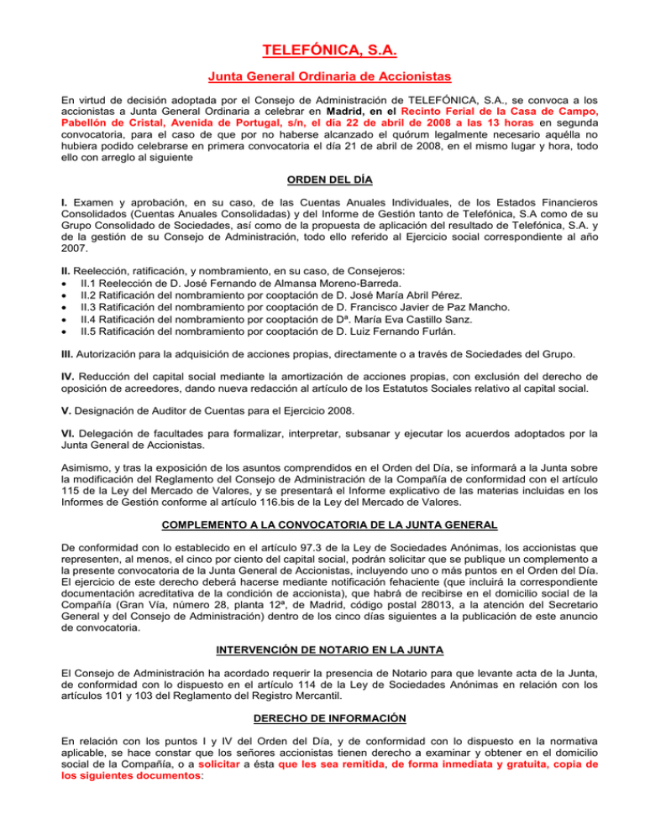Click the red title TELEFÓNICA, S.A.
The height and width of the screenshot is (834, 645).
[322, 55]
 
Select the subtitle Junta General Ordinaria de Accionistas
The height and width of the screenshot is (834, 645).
[322, 85]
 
